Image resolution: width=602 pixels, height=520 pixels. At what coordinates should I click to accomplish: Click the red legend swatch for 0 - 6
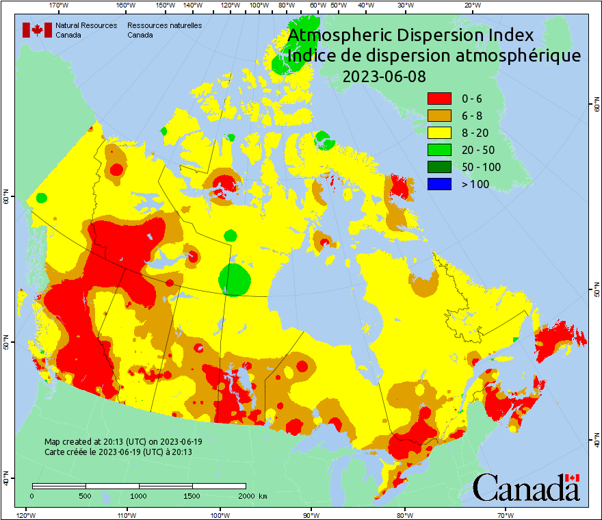click(x=439, y=99)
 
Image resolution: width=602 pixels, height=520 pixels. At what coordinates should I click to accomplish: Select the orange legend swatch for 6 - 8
click(x=439, y=116)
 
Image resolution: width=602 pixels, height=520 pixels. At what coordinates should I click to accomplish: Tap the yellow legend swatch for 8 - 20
click(x=439, y=133)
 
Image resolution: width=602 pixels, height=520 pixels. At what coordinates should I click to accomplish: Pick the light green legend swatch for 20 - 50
click(x=439, y=150)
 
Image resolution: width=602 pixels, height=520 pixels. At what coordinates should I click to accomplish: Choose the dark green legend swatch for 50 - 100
click(x=439, y=167)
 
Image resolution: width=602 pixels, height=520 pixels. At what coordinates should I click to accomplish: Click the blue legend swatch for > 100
click(x=439, y=184)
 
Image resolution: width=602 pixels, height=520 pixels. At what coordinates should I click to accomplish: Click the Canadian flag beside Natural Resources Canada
click(x=37, y=30)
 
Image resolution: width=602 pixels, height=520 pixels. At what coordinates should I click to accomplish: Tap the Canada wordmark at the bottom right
click(x=526, y=488)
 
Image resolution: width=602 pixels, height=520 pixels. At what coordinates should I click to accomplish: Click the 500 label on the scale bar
click(x=86, y=495)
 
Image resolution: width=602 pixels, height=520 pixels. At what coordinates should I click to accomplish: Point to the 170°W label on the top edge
click(x=60, y=5)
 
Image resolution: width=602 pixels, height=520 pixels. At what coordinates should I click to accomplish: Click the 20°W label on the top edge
click(x=471, y=5)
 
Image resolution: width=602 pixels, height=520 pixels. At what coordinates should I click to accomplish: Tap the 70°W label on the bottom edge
click(x=506, y=515)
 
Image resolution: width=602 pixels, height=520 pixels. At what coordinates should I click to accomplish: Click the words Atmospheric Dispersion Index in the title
click(x=410, y=36)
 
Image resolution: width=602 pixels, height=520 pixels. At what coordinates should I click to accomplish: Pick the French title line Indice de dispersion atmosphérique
click(x=434, y=56)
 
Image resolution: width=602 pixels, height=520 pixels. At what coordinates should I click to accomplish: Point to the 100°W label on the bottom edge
click(x=220, y=515)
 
